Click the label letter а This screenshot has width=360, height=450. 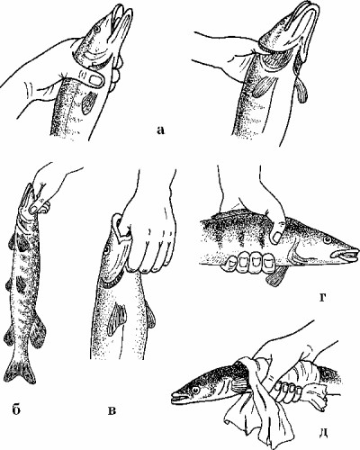point(161,130)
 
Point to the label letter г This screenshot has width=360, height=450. point(323,297)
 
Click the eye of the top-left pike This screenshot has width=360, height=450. point(97,29)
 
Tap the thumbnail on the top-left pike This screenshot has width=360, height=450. point(95,80)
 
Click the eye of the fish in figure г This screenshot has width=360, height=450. point(327,239)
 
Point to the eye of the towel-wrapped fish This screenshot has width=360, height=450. point(196,390)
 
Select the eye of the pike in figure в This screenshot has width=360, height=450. point(106,249)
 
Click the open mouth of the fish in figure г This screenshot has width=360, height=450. point(345,255)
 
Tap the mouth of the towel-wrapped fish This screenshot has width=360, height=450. point(180,399)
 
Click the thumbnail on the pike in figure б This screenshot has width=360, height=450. point(35,206)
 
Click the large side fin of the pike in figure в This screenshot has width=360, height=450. point(118,319)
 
